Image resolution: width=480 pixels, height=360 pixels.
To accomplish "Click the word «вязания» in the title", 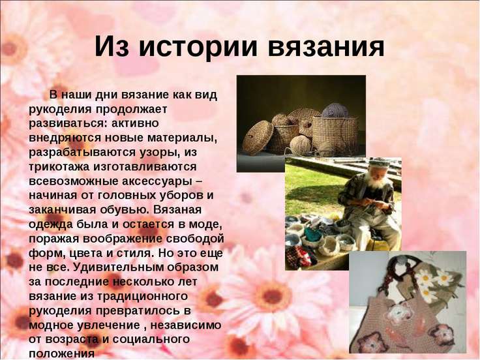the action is (326, 46).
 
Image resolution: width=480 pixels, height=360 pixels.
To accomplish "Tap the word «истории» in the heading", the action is (198, 46).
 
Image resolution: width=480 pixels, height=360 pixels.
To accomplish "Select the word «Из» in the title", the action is (112, 46).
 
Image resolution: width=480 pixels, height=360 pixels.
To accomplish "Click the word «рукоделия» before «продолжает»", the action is (60, 110).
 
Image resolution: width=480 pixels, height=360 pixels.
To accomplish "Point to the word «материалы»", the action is (182, 138).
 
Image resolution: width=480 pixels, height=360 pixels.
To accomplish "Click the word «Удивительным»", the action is (119, 267).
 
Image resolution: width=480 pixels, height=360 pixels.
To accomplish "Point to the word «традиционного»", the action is (142, 296).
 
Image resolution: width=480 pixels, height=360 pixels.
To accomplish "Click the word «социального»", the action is (151, 340).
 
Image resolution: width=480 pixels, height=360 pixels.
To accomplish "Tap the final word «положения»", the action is (61, 354).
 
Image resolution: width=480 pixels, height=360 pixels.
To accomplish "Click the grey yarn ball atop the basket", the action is (335, 110).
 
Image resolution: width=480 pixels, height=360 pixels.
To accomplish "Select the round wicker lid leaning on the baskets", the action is (258, 138).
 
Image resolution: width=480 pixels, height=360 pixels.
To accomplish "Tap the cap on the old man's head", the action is (379, 163).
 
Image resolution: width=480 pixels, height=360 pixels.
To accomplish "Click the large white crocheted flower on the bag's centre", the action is (397, 313).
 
